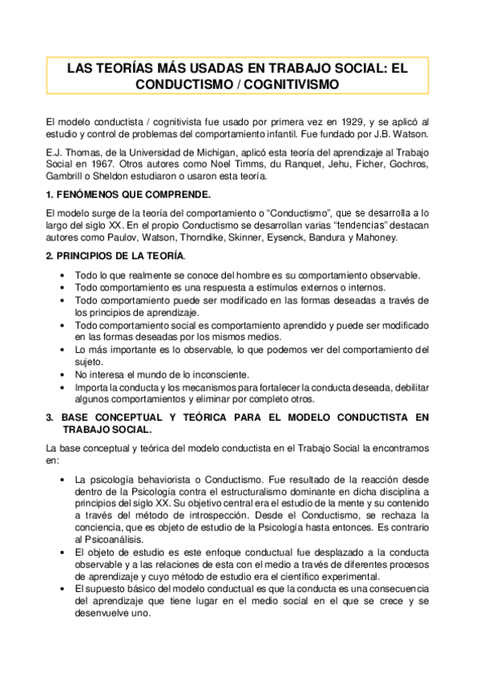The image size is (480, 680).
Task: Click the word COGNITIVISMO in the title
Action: pyautogui.click(x=293, y=83)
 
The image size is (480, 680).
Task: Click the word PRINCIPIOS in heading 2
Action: pyautogui.click(x=90, y=256)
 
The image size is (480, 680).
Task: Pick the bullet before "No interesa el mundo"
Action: pyautogui.click(x=63, y=374)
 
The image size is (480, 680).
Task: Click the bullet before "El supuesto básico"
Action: pyautogui.click(x=63, y=589)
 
